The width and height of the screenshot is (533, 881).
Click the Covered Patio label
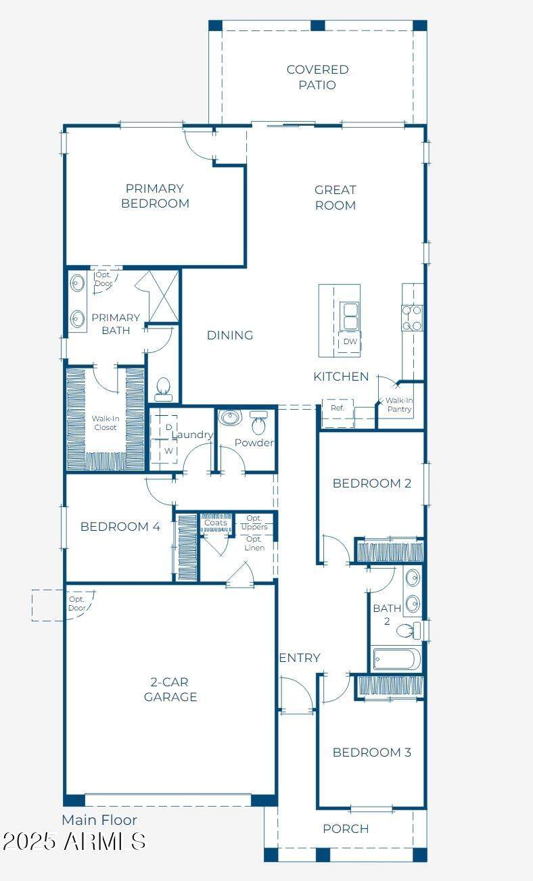click(x=317, y=77)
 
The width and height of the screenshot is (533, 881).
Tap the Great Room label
click(x=335, y=197)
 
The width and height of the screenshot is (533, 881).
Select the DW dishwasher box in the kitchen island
click(x=350, y=341)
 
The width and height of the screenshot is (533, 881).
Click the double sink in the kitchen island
click(x=349, y=316)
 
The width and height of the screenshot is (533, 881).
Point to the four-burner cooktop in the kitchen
click(x=412, y=318)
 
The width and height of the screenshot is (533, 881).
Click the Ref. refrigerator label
click(x=338, y=408)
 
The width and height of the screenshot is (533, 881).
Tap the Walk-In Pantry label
click(x=399, y=405)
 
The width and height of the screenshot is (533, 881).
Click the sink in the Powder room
click(x=230, y=418)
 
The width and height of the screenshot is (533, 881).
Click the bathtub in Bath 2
click(x=396, y=659)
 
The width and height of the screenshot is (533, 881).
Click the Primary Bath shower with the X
click(x=164, y=296)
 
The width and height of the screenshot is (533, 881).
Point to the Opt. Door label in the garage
click(x=76, y=603)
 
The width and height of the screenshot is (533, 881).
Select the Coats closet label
click(x=216, y=523)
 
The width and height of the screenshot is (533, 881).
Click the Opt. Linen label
click(x=254, y=543)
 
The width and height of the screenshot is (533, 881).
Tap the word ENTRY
click(x=300, y=658)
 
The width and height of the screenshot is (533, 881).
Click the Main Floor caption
click(x=99, y=820)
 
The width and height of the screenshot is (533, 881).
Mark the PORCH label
click(x=346, y=829)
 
